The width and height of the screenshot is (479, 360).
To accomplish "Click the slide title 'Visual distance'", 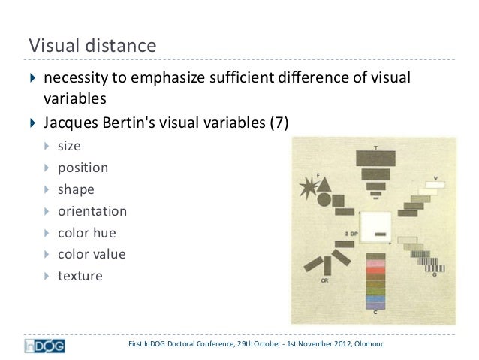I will [x=92, y=47].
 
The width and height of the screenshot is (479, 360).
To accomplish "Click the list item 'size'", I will [x=69, y=146].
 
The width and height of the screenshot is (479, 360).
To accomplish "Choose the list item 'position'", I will [x=83, y=168].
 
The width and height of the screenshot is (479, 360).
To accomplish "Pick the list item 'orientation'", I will [x=92, y=211].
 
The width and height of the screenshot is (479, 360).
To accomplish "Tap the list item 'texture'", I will [x=80, y=276].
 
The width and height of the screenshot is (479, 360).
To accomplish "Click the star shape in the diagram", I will [x=309, y=186].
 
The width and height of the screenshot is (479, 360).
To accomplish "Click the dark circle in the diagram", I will [x=324, y=200].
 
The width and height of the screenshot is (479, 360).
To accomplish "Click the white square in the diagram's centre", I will [x=377, y=228].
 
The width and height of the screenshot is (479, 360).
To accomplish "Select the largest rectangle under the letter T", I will [x=374, y=157].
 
